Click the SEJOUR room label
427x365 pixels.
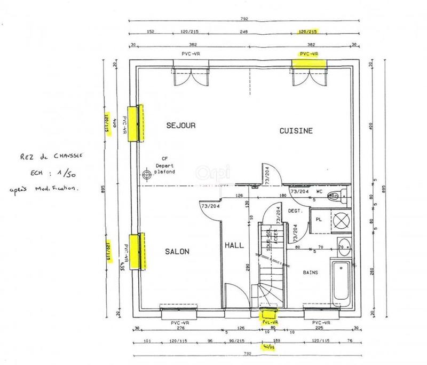click(181, 126)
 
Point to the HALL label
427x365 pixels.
click(234, 245)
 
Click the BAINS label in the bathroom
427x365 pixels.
click(311, 272)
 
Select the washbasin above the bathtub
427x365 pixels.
click(344, 247)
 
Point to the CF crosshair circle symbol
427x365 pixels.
click(147, 174)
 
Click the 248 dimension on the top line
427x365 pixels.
click(244, 32)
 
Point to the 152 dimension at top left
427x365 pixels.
click(151, 32)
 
